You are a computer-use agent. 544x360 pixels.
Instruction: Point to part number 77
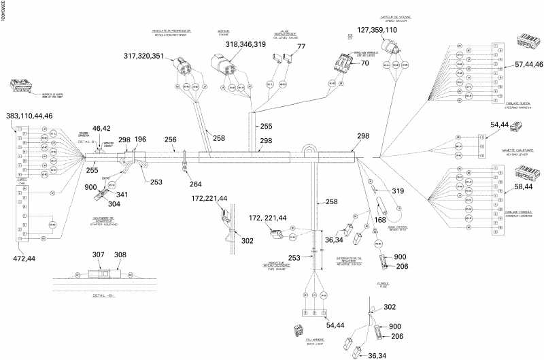(x=301, y=46)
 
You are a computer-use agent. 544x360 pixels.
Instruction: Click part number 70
(x=365, y=63)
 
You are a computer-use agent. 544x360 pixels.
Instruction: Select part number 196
(x=140, y=140)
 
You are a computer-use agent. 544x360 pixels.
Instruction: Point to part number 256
(x=170, y=140)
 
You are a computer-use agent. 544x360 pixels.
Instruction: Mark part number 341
(x=121, y=194)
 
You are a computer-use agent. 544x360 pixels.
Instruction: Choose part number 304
(x=114, y=203)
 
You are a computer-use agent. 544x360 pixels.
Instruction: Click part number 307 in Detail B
(x=99, y=255)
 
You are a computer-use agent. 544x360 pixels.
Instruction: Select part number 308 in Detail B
(x=120, y=255)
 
